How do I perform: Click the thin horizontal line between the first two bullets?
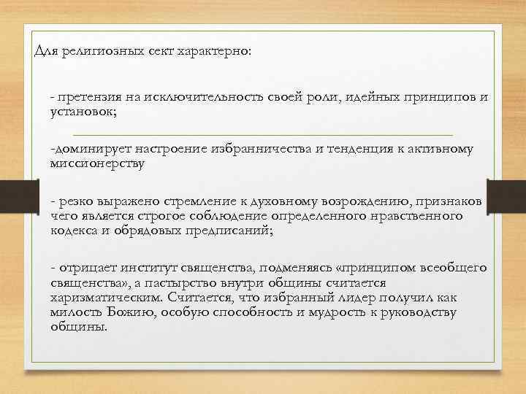[263, 134]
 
